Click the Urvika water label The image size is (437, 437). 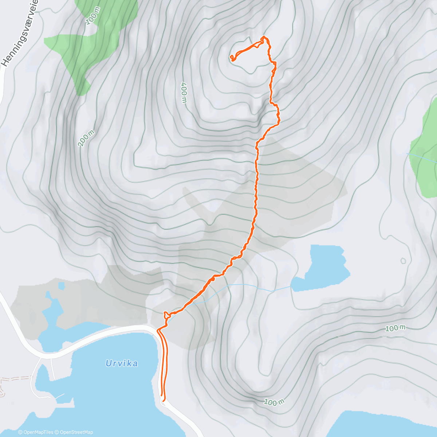122,363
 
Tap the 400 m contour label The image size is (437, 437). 184,93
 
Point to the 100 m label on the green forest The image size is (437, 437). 92,17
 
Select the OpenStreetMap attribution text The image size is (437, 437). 76,432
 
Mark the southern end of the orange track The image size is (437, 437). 162,395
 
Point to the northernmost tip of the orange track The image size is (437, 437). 264,37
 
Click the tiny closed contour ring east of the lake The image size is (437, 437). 403,261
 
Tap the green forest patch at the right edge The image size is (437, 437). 424,153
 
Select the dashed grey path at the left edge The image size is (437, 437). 15,379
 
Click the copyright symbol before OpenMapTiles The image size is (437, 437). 20,432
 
